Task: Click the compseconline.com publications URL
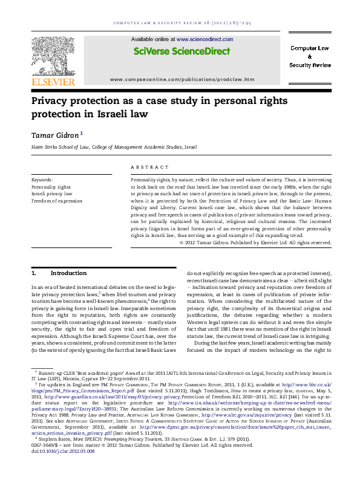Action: tap(182, 79)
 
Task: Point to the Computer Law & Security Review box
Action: tap(310, 56)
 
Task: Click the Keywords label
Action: tap(42, 180)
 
